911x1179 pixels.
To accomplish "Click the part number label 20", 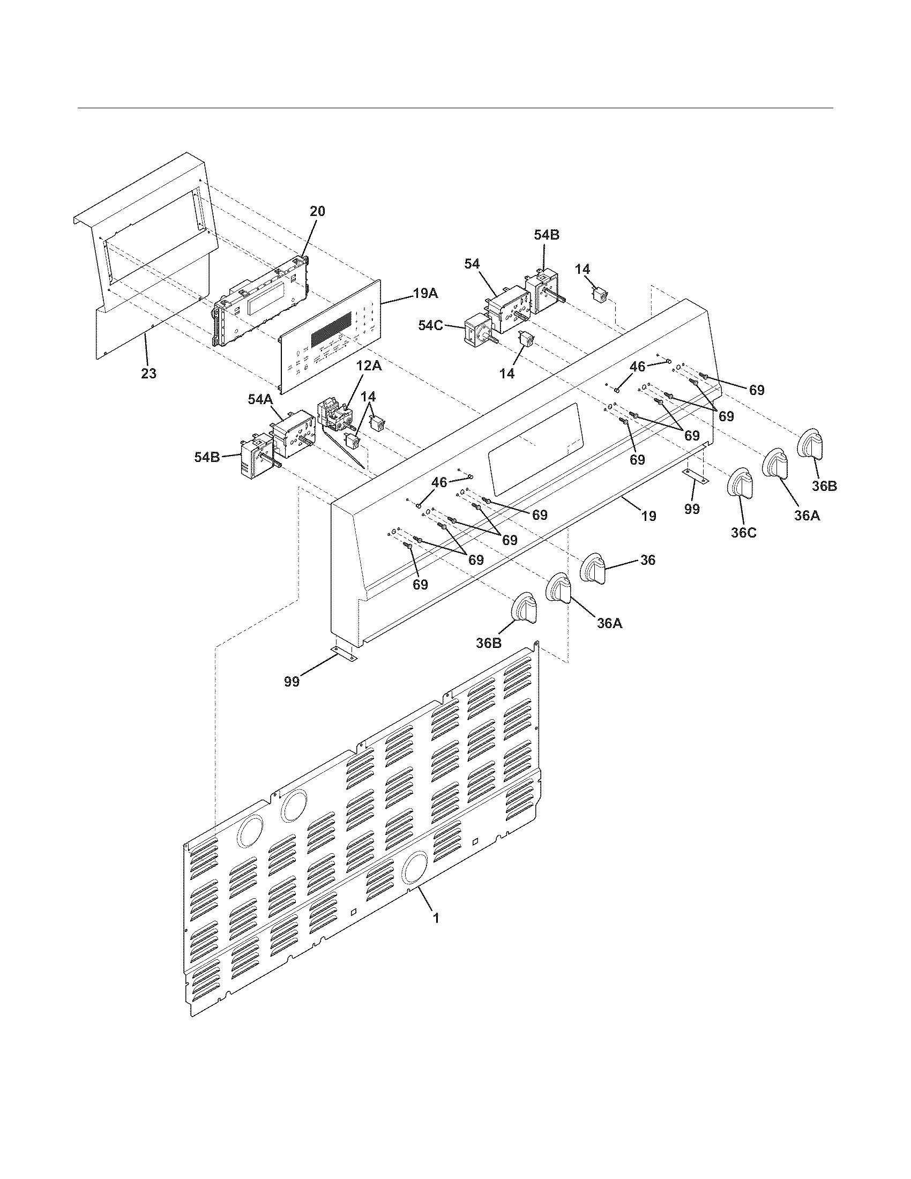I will tap(317, 212).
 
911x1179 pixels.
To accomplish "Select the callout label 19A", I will tap(425, 294).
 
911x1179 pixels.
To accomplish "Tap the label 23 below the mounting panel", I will tap(149, 373).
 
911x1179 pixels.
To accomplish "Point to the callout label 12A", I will tap(368, 367).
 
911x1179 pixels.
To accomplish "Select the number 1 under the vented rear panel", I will tap(436, 917).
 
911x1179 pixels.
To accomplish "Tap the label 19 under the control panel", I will tap(649, 516).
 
